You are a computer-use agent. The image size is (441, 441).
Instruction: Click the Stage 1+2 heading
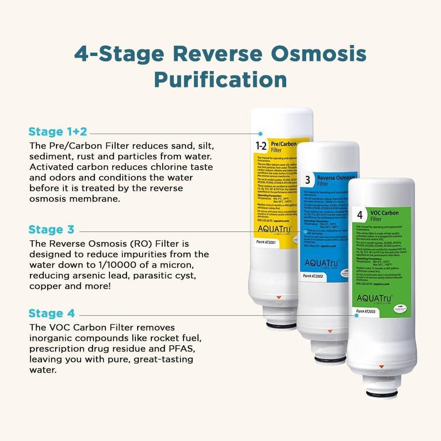[58, 132]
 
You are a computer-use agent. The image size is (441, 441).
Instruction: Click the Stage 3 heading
[51, 230]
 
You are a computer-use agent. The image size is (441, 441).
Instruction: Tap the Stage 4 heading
[52, 314]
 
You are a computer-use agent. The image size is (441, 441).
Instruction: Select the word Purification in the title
[220, 80]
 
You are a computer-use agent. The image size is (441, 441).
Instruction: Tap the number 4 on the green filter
[360, 216]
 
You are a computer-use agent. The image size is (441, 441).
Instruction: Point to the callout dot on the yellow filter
[261, 133]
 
